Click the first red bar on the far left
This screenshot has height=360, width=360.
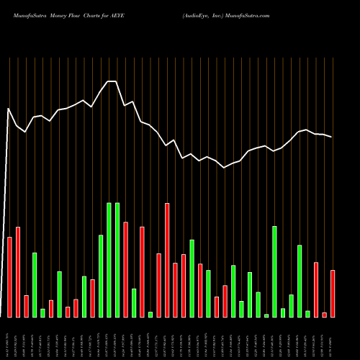(x=9, y=277)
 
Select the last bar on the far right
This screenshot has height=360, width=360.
(x=333, y=294)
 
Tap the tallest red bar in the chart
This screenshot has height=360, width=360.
(x=167, y=260)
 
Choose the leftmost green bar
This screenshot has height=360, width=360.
(x=35, y=285)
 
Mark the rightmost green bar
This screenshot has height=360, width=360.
(x=307, y=314)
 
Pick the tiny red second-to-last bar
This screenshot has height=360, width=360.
(x=324, y=315)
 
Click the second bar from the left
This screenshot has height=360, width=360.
(x=18, y=272)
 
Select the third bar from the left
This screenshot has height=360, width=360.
(x=26, y=306)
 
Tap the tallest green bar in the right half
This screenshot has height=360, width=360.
(x=274, y=271)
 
